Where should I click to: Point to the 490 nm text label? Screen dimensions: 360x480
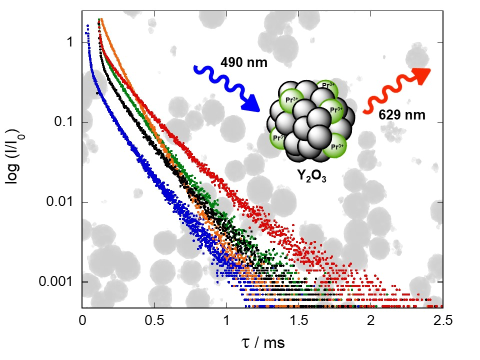[x=243, y=62]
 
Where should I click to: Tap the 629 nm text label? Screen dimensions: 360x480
[x=401, y=115]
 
